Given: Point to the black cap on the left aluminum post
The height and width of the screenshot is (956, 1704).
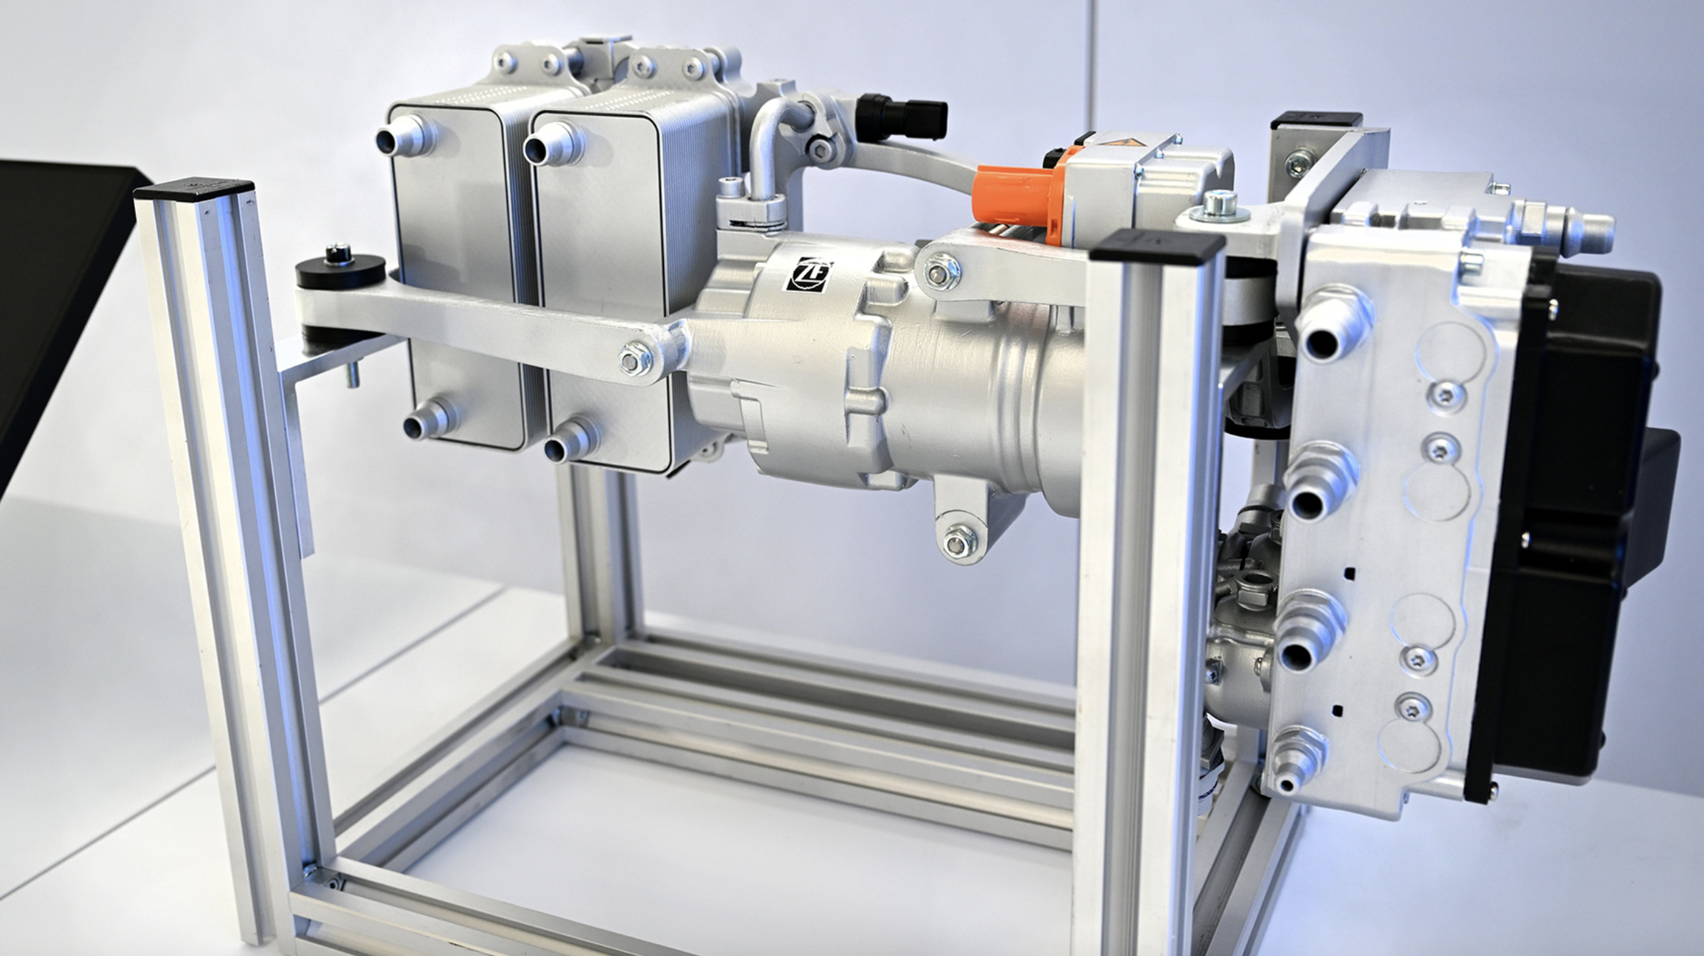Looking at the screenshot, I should pyautogui.click(x=193, y=191).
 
